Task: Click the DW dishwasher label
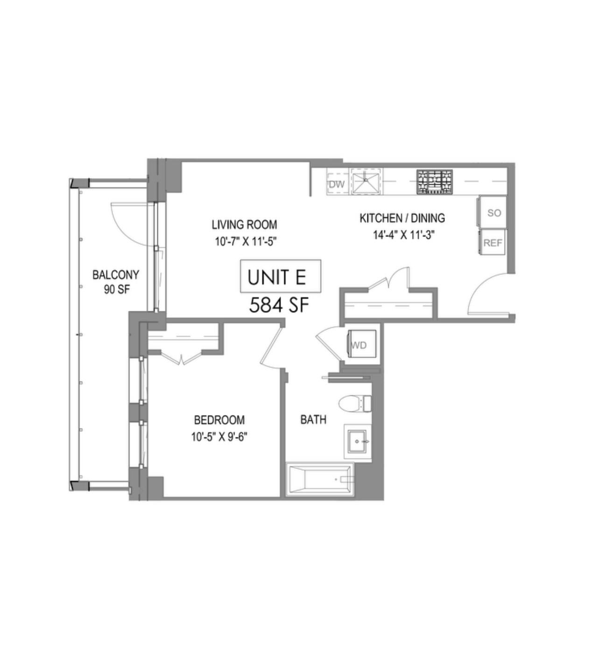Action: point(336,184)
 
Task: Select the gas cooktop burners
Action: point(435,181)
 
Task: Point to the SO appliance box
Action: point(493,213)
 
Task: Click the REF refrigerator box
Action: point(492,243)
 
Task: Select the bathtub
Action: point(320,480)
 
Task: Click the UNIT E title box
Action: point(280,276)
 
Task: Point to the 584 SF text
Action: point(280,305)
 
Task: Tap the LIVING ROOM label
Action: point(244,225)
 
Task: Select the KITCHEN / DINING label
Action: point(402,218)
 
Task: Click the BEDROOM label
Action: point(219,420)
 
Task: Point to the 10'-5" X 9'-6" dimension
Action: point(219,437)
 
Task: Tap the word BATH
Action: point(313,419)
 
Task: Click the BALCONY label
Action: point(116,274)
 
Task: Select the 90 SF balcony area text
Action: point(117,289)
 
